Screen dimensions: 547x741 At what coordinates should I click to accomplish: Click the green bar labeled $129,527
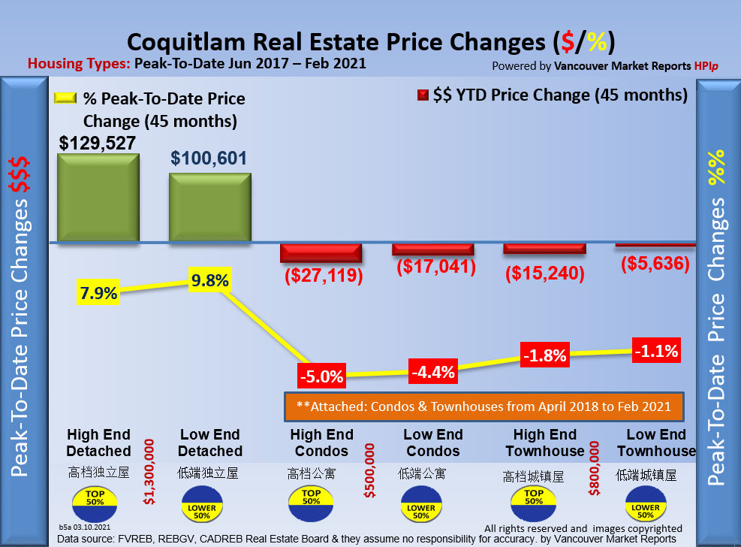click(98, 198)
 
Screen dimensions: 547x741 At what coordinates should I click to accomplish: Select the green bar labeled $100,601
click(209, 207)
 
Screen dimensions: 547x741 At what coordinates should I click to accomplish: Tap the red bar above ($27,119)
click(321, 253)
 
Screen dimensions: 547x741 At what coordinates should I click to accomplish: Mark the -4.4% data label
click(433, 370)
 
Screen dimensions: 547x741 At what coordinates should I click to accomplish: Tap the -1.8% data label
click(545, 355)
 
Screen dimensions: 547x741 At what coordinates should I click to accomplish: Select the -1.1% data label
click(655, 350)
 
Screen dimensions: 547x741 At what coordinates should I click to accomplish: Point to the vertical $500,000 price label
click(370, 470)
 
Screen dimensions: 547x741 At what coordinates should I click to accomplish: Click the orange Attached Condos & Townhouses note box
click(483, 406)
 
